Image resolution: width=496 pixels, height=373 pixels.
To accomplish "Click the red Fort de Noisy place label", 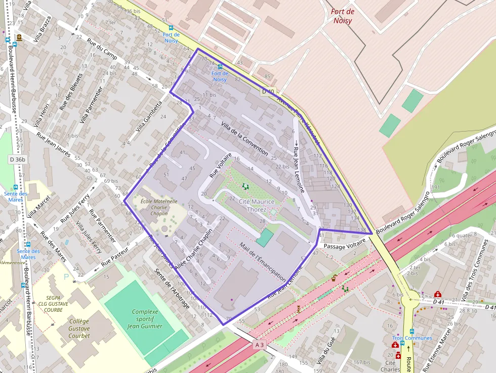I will click(x=343, y=16).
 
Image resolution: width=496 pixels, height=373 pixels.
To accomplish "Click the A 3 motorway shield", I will click(x=259, y=345).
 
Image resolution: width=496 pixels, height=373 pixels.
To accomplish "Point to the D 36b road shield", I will click(x=17, y=159).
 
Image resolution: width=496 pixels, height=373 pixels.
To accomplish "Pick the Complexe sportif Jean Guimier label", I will click(x=147, y=319).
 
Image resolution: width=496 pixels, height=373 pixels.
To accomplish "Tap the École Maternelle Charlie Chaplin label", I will click(x=152, y=207).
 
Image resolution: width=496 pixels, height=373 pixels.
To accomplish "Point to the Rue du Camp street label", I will click(x=102, y=49).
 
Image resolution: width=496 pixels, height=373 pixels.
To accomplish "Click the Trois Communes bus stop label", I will click(x=412, y=338).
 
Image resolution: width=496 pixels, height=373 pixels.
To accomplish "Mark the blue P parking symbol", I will click(x=66, y=277).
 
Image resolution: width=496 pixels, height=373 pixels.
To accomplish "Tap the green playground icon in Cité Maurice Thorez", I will click(x=245, y=186).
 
